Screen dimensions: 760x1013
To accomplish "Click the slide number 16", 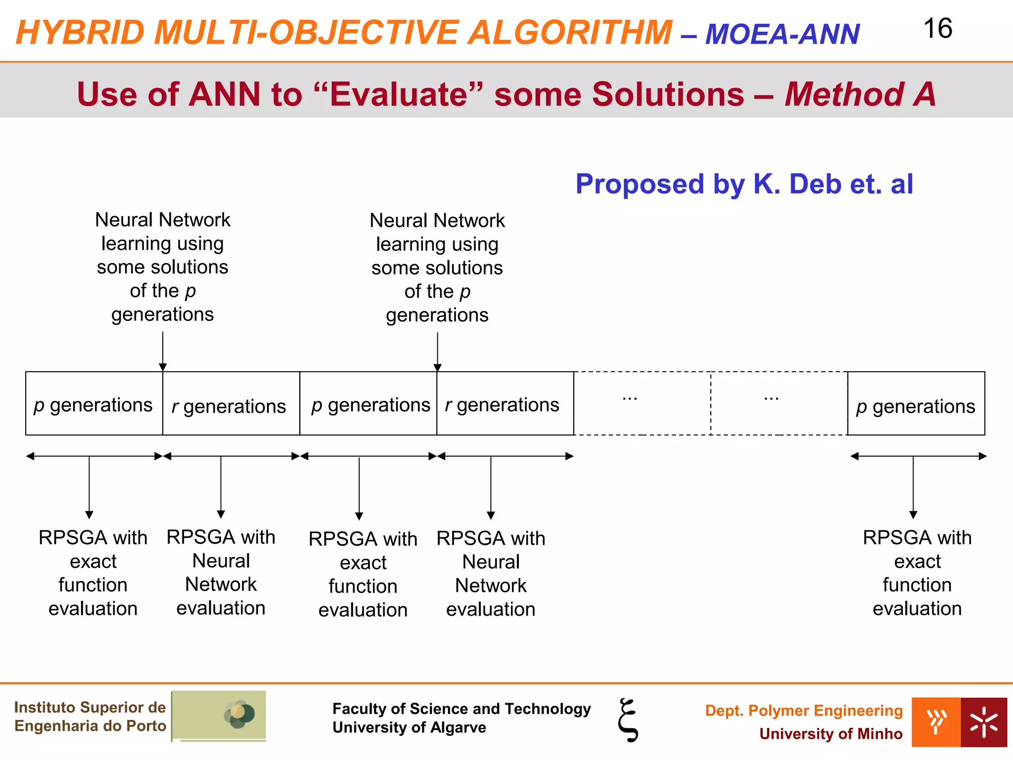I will click(x=937, y=29).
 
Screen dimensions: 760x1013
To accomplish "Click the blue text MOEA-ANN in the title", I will click(x=782, y=34).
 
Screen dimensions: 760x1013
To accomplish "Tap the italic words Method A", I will click(x=860, y=94).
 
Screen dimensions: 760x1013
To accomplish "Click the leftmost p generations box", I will click(x=94, y=404).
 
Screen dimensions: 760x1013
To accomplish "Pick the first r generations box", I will click(x=231, y=404).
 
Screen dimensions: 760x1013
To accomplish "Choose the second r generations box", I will click(x=505, y=404).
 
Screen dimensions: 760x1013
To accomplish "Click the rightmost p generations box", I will click(x=916, y=404).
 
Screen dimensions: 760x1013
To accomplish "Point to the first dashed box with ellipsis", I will click(x=642, y=403).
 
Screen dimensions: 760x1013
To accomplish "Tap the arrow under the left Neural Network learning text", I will click(x=163, y=351).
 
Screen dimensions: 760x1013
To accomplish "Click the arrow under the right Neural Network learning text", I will click(x=437, y=351).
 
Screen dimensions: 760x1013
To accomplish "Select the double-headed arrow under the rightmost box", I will click(x=918, y=456).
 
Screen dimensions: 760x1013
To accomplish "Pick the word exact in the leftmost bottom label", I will click(x=93, y=562).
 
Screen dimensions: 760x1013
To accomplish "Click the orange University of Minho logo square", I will click(x=936, y=722).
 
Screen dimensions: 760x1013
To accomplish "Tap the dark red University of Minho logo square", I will click(x=983, y=722).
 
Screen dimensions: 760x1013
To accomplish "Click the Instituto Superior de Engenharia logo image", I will click(x=219, y=715).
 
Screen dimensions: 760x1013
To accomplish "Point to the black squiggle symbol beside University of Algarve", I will click(x=628, y=720).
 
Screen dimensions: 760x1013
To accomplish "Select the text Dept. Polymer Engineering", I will click(x=804, y=711).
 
